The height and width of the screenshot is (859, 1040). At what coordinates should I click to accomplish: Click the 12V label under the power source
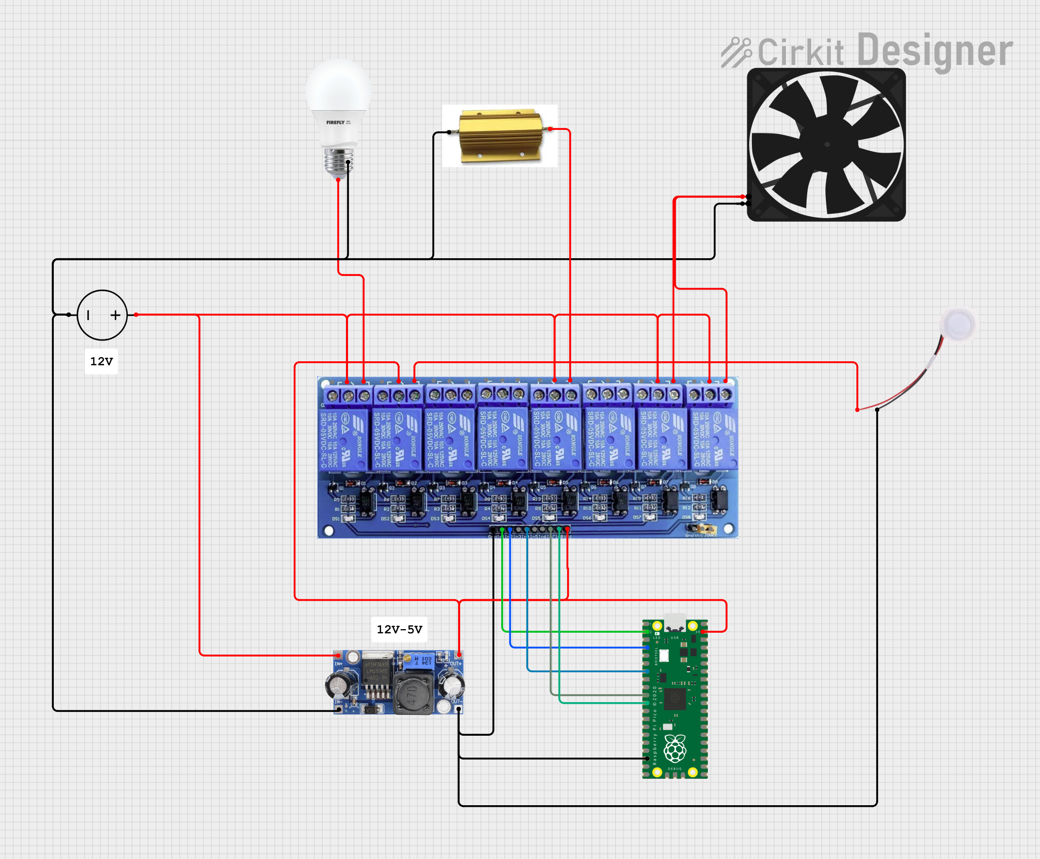[x=101, y=361]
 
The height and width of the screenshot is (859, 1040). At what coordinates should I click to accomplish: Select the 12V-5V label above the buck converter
[x=399, y=629]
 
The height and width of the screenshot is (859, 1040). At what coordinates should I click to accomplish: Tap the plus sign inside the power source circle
[x=116, y=315]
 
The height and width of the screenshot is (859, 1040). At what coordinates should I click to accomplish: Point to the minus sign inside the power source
[x=88, y=315]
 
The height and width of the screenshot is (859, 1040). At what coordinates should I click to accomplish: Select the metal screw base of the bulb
[x=338, y=162]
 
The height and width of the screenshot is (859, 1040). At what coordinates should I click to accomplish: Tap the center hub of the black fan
[x=827, y=145]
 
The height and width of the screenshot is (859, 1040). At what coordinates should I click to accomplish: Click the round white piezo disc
[x=958, y=324]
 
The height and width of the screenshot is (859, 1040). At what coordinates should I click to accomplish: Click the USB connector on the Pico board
[x=675, y=622]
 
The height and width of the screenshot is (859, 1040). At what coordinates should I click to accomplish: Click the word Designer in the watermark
[x=935, y=51]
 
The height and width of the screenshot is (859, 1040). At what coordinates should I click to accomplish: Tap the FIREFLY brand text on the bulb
[x=335, y=122]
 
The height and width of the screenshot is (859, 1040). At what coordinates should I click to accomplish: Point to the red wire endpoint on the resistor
[x=550, y=129]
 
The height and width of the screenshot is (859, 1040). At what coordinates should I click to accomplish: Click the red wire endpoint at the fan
[x=743, y=196]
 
